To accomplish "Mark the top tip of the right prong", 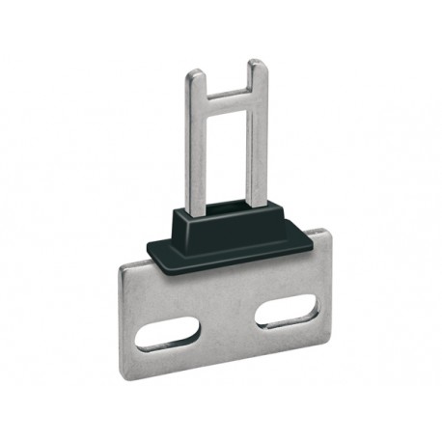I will point(257,64).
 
